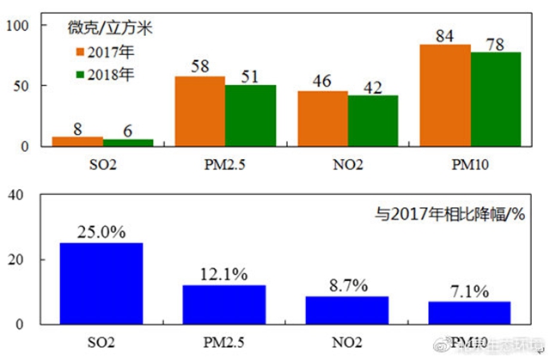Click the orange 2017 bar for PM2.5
[200, 111]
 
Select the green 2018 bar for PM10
[496, 99]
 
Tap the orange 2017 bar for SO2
[77, 141]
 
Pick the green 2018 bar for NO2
[373, 120]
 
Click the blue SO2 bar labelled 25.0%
[102, 284]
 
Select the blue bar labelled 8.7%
[348, 310]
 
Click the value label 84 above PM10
[446, 35]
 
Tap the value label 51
[250, 75]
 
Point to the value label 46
[323, 81]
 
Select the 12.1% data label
[225, 275]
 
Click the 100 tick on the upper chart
[20, 26]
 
